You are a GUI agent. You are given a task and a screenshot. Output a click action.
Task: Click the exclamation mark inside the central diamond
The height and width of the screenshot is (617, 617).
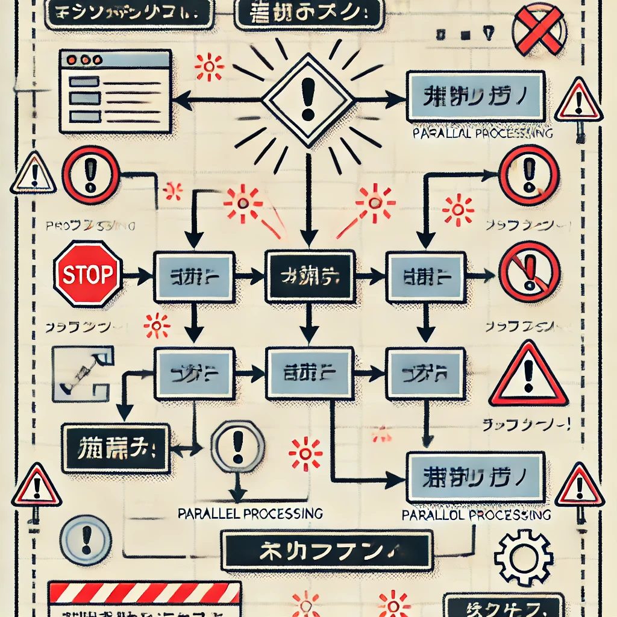[308, 99]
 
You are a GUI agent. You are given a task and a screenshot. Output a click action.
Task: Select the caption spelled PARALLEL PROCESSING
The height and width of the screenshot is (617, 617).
[251, 513]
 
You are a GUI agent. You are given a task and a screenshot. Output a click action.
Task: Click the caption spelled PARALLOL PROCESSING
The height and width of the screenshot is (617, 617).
[476, 515]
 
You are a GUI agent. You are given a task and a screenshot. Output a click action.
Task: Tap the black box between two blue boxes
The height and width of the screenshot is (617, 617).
[308, 277]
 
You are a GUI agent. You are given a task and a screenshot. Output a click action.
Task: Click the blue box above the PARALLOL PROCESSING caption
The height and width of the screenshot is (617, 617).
[476, 477]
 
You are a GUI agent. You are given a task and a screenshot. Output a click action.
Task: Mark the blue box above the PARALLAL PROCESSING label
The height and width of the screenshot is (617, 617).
[476, 95]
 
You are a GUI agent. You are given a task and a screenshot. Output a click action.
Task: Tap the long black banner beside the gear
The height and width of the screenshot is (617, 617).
[327, 550]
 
